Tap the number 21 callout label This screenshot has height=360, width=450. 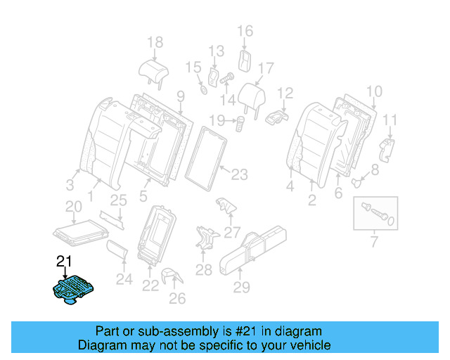pyautogui.click(x=64, y=262)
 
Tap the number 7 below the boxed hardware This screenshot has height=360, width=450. pyautogui.click(x=373, y=243)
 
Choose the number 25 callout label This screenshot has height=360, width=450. pyautogui.click(x=118, y=200)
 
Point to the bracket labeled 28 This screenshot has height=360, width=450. pyautogui.click(x=205, y=237)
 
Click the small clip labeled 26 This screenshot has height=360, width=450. pyautogui.click(x=169, y=277)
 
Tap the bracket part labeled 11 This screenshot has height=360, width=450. pyautogui.click(x=387, y=149)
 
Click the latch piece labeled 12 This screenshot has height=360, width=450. pyautogui.click(x=276, y=116)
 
